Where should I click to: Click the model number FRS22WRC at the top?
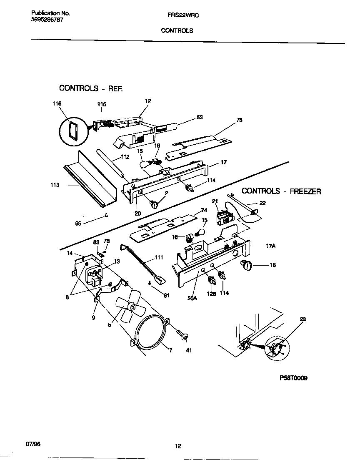[177, 14]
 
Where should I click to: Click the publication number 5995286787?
[47, 20]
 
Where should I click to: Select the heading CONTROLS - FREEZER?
[281, 191]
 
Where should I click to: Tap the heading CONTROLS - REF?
[91, 88]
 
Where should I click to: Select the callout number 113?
[55, 185]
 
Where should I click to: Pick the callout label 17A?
[271, 246]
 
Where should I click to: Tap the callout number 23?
[302, 320]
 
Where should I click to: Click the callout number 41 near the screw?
[188, 350]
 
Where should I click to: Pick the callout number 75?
[239, 120]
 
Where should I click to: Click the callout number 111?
[159, 257]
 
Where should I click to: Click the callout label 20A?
[192, 298]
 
